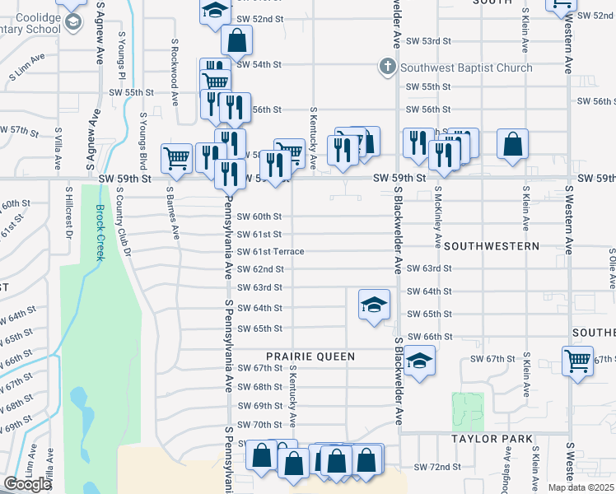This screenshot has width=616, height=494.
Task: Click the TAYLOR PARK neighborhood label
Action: tap(488, 440)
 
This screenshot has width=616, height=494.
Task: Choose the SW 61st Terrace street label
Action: tap(271, 251)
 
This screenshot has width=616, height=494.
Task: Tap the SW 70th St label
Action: tap(259, 424)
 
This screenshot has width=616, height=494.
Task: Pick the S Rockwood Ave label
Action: tap(175, 72)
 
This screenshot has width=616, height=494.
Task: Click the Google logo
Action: tap(26, 484)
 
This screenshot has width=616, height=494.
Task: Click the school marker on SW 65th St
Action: tap(373, 305)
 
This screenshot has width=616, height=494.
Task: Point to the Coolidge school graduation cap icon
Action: tap(74, 22)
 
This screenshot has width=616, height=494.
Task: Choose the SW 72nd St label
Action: tap(436, 467)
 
